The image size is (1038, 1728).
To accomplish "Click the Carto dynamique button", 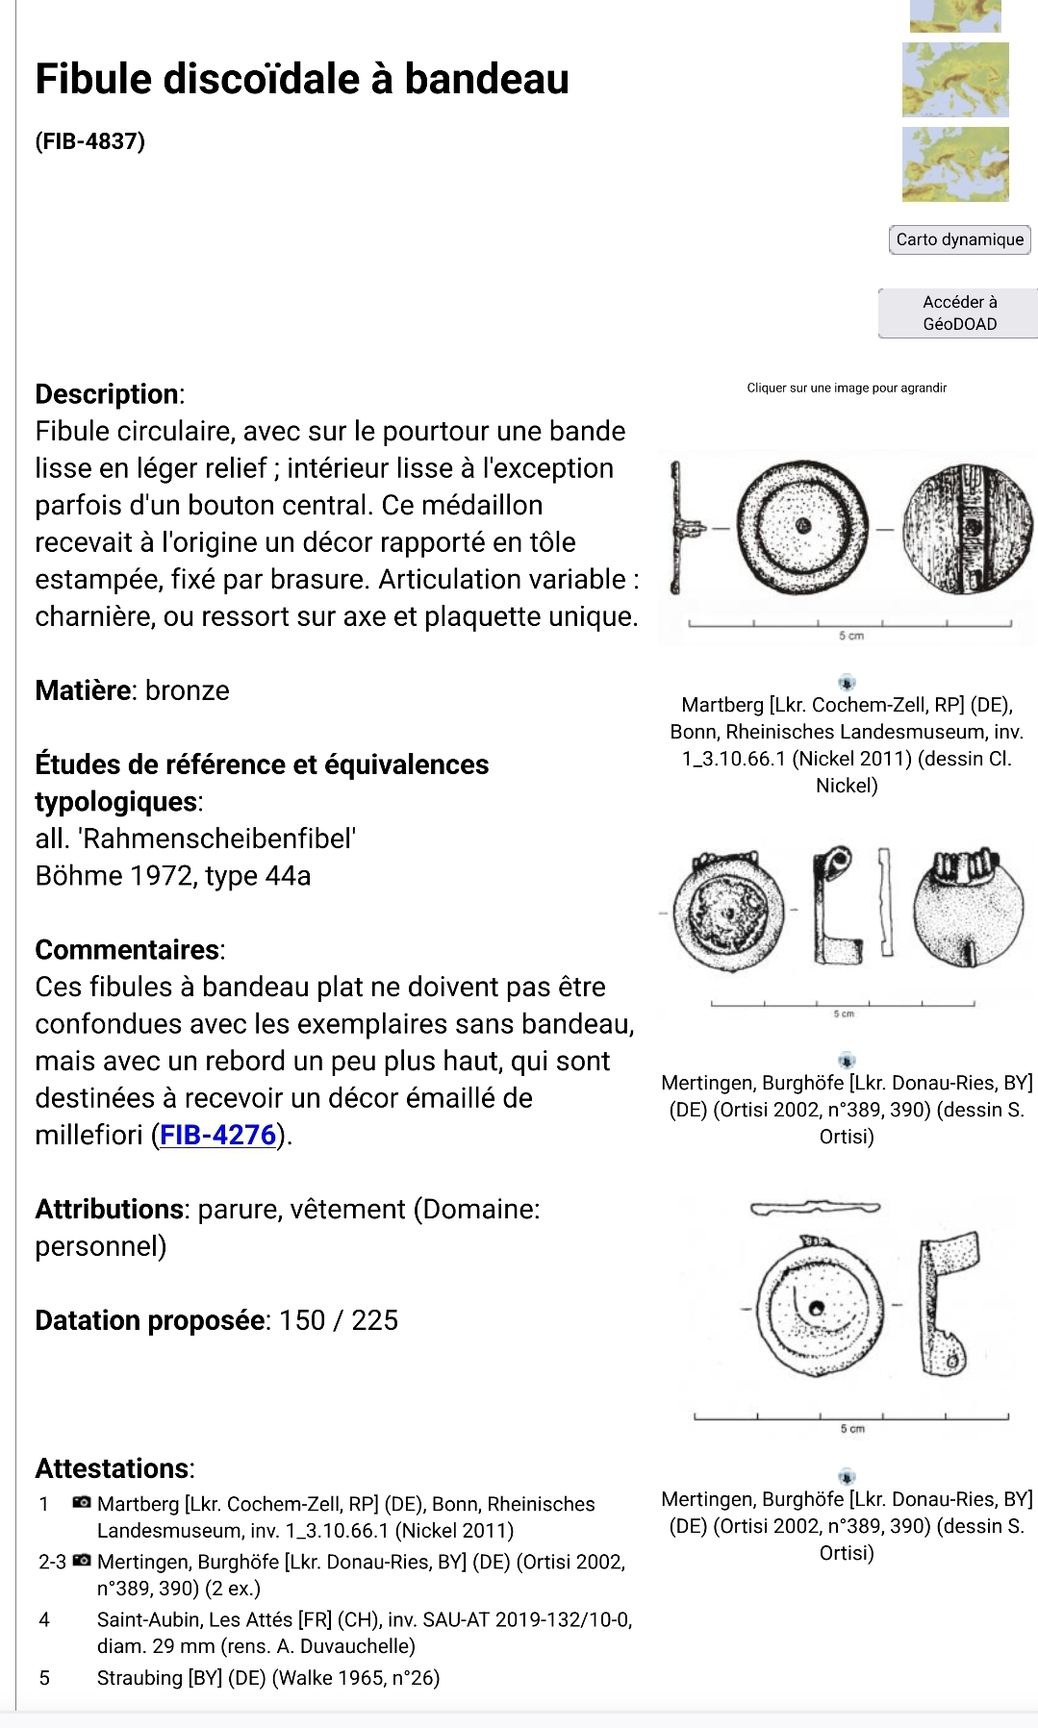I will click(x=959, y=239).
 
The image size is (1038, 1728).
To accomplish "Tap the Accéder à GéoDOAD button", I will click(x=959, y=313).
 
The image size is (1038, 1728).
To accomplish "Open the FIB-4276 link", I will click(x=218, y=1136).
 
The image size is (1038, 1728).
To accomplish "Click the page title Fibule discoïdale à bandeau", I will click(x=302, y=79).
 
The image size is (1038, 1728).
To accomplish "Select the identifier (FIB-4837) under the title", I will click(x=89, y=141).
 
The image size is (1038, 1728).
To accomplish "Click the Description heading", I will click(x=107, y=394).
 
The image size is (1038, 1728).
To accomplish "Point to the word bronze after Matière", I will click(x=188, y=690).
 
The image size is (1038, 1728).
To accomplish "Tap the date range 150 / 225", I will click(x=339, y=1320).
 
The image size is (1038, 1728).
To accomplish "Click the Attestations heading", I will click(x=113, y=1468).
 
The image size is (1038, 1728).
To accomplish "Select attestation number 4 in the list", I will click(x=44, y=1619).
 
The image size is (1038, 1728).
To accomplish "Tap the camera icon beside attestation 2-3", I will click(x=83, y=1561).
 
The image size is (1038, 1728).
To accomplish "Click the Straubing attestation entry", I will click(x=267, y=1678).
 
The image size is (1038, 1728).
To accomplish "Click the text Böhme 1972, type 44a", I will click(x=173, y=876).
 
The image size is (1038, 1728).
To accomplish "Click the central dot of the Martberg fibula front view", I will click(x=802, y=526).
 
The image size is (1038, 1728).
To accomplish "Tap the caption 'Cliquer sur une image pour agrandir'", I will click(x=847, y=388).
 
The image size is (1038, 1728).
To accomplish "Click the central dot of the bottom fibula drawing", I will click(x=817, y=1308).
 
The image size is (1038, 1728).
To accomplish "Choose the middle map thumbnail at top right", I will click(x=955, y=81).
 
